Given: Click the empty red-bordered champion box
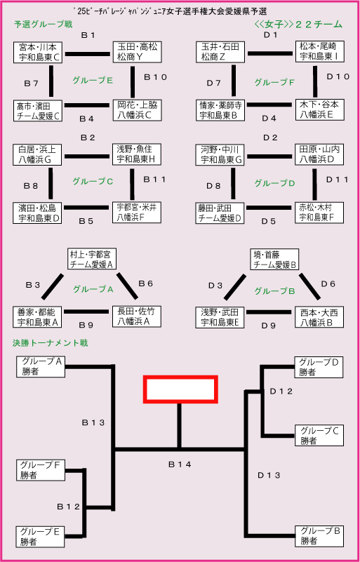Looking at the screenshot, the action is tap(181, 389).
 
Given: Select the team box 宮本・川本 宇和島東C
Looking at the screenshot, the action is tap(37, 53).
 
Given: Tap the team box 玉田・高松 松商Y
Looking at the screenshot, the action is tap(137, 53).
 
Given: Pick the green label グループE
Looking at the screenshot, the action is tap(93, 81).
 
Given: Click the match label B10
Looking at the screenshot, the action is tap(156, 77).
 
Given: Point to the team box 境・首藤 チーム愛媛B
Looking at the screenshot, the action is tap(275, 260).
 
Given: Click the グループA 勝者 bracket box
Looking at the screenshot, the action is tap(41, 367).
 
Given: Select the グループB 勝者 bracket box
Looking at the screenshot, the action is tap(319, 536).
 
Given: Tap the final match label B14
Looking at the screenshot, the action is tap(180, 464).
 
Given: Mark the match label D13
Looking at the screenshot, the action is tap(269, 475).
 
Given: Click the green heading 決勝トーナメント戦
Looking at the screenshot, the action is tap(51, 343).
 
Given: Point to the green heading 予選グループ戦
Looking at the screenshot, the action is tap(44, 25).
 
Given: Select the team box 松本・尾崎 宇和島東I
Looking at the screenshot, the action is tap(320, 51).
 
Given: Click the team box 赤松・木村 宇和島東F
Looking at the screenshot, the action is tap(320, 213).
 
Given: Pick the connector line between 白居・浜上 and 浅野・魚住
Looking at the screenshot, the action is tap(87, 156).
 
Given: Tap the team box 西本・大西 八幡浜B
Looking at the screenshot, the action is tap(319, 317).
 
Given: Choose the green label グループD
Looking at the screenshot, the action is tap(274, 184).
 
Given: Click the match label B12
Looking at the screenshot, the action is tap(68, 507).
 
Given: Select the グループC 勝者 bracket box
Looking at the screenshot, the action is tap(319, 436).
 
